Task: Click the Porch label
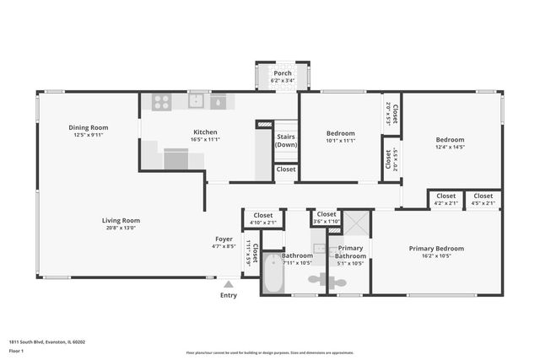[x=282, y=73]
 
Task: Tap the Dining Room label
[x=89, y=128]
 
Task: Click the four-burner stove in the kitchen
[x=162, y=102]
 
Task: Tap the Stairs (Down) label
[x=286, y=140]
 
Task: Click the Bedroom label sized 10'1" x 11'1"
[x=340, y=133]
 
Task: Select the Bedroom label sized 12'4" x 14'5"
[x=450, y=140]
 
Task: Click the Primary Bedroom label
[x=436, y=249]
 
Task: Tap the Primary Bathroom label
[x=349, y=252]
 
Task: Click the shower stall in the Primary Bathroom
[x=356, y=223]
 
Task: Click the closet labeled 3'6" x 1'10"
[x=325, y=216]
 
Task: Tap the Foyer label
[x=224, y=239]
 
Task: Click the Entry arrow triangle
[x=228, y=285]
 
